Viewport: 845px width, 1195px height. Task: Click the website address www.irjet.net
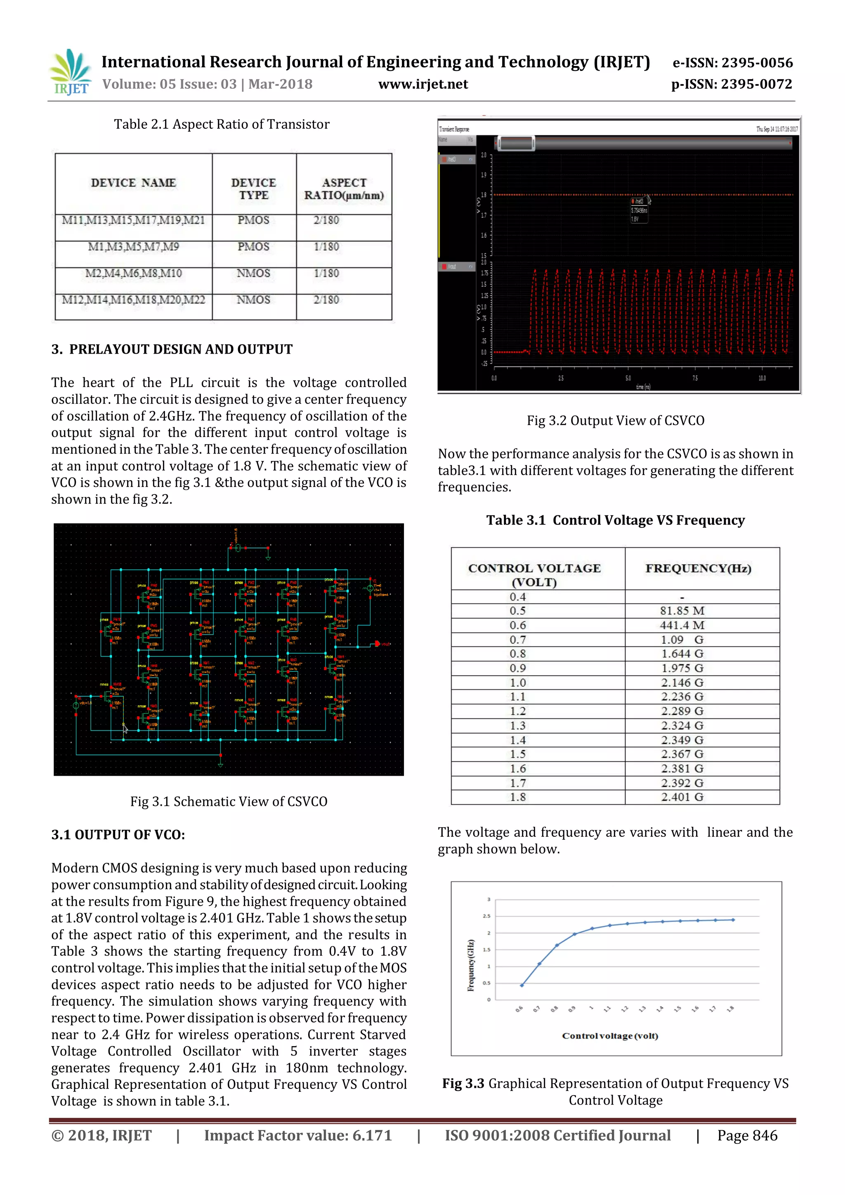click(422, 84)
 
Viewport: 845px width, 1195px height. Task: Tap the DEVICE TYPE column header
click(253, 189)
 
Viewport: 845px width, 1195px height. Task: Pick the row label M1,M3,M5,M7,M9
click(133, 247)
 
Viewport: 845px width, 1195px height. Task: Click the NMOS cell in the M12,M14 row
click(253, 300)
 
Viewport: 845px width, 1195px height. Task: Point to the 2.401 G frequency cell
click(682, 797)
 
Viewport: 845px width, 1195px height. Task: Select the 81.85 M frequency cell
click(682, 611)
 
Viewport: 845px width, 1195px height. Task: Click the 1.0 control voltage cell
click(518, 683)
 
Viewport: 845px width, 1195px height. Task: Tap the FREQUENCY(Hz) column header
click(698, 568)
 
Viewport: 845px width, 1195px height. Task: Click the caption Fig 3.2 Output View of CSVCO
click(615, 420)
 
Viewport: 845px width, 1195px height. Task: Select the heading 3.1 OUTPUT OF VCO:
click(118, 835)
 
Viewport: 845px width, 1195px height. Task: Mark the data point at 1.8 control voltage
click(733, 920)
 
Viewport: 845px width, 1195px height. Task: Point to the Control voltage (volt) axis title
click(610, 1036)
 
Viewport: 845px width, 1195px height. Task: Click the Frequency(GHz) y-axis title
click(471, 966)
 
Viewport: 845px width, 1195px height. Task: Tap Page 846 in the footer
click(747, 1136)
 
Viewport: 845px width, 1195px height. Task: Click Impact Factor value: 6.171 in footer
click(297, 1136)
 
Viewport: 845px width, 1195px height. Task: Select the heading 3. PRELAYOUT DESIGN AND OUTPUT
click(172, 349)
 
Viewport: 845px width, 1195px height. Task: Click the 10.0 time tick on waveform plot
click(762, 378)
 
